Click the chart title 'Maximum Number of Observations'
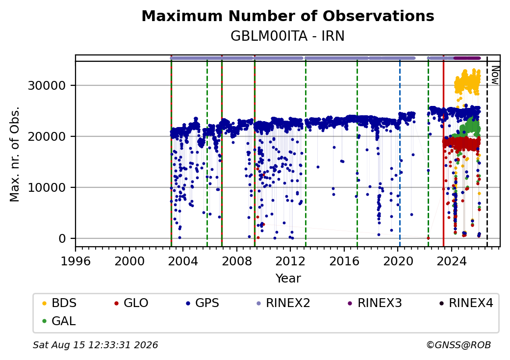point(288,16)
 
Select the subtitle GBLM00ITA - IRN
point(287,36)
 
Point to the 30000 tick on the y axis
point(47,85)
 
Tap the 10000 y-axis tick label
point(47,188)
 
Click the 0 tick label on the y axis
point(62,239)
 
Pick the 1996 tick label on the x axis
point(76,261)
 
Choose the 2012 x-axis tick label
point(290,261)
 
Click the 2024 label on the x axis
point(452,261)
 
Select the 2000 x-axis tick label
point(129,261)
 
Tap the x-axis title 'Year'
point(288,279)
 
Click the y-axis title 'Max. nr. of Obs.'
point(15,154)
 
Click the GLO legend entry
point(131,303)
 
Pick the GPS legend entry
point(203,303)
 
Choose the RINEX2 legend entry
point(283,303)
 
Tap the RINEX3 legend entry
point(375,303)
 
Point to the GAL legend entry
point(59,321)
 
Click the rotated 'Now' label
point(495,76)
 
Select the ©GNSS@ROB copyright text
point(459,345)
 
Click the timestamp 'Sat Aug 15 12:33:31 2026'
point(96,345)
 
